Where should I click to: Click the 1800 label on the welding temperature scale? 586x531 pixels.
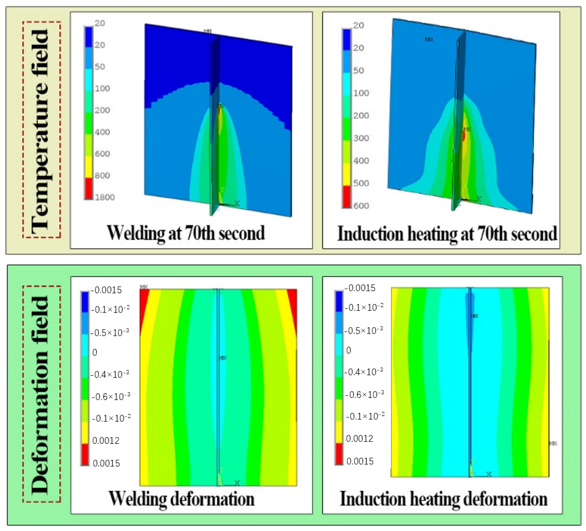click(105, 197)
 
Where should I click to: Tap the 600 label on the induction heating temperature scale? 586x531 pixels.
click(361, 206)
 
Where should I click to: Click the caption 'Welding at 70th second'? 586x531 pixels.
click(186, 233)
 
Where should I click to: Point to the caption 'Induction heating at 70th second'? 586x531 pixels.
click(447, 234)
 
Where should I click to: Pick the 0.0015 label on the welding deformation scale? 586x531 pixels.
click(106, 463)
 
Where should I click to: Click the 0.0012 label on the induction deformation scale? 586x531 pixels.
click(359, 438)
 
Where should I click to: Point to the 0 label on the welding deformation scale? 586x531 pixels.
click(94, 352)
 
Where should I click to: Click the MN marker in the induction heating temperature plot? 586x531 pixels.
click(429, 40)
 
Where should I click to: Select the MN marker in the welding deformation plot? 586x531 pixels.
click(222, 358)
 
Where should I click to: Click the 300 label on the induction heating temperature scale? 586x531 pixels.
click(361, 138)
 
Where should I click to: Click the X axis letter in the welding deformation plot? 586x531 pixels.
click(237, 483)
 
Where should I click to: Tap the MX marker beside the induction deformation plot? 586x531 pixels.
click(553, 444)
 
